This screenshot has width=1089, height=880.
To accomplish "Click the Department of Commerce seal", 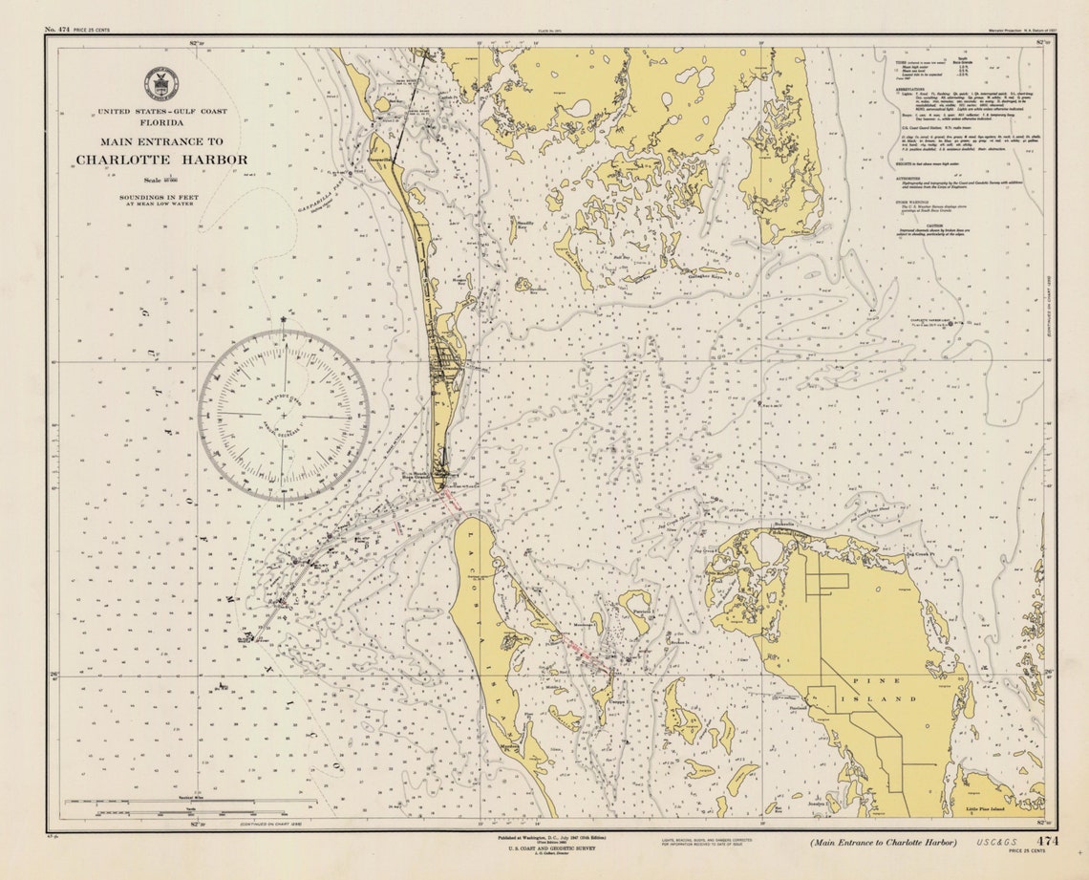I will coord(160,84).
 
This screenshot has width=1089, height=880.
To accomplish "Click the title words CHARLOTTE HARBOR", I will coord(161,160).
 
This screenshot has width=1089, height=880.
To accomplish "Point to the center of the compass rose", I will coord(284,416).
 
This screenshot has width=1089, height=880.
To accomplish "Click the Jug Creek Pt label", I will coord(919,552).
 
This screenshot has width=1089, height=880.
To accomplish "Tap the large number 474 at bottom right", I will coord(1048,842).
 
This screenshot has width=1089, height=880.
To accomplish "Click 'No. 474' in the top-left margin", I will coord(57,31).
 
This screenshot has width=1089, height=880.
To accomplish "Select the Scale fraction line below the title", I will coord(161,178).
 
